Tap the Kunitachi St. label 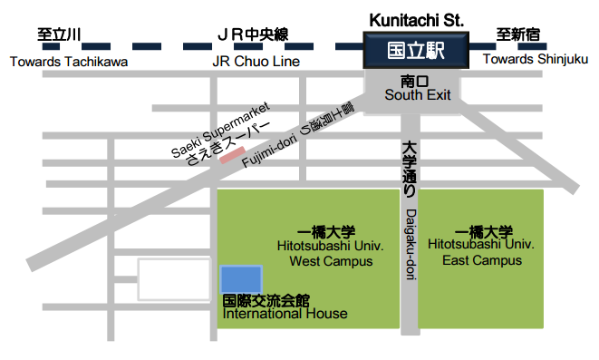click(x=418, y=18)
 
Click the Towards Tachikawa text click(x=69, y=62)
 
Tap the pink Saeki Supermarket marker click(x=230, y=157)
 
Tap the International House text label click(x=285, y=315)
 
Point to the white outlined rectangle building click(x=173, y=279)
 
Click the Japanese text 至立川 click(x=59, y=35)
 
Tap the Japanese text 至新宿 click(x=521, y=35)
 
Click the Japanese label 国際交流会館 click(x=266, y=300)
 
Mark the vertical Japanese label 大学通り click(x=409, y=170)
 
